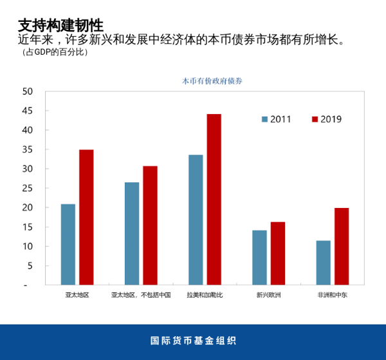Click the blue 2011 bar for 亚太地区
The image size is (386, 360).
[68, 244]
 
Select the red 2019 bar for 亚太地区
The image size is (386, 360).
[86, 217]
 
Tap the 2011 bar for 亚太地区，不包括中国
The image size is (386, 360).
[132, 233]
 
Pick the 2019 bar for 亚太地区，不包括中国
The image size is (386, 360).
[150, 225]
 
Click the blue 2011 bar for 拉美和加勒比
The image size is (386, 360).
[196, 220]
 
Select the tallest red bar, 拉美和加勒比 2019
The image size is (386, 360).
[214, 199]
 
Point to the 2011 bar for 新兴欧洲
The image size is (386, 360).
[259, 257]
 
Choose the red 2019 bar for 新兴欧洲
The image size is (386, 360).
[277, 253]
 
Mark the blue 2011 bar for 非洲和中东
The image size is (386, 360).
[323, 262]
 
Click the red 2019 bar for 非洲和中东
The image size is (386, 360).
[341, 246]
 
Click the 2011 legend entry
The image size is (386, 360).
[276, 119]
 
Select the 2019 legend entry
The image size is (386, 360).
[326, 119]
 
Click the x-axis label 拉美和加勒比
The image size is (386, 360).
[205, 294]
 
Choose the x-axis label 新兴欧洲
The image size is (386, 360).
[268, 294]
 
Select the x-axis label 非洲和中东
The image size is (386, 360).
[332, 294]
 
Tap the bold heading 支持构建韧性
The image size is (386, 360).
[60, 25]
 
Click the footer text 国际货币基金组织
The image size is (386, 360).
[193, 341]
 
